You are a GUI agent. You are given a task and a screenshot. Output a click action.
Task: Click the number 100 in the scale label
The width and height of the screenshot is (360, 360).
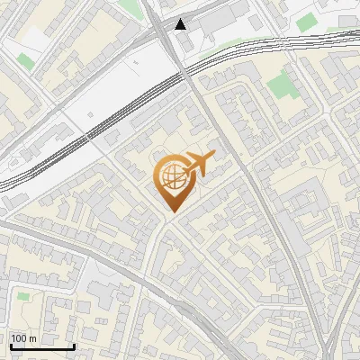[x=20, y=338]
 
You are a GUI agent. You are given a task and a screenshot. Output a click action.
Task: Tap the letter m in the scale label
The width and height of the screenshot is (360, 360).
[x=32, y=338]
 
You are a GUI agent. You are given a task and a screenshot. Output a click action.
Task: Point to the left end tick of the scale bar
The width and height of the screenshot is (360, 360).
[x=10, y=346]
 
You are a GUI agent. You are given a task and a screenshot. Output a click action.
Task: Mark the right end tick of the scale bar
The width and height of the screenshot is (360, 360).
[x=73, y=346]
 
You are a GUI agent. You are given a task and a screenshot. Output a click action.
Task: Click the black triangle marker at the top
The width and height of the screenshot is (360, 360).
[x=182, y=23]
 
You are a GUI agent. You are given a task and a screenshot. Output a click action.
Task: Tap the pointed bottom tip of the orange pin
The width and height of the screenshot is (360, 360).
[x=171, y=212]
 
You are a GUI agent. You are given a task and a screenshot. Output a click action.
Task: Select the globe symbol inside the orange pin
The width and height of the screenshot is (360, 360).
[x=171, y=176]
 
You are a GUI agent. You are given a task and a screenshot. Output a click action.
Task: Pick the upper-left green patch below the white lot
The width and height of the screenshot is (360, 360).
[x=25, y=61]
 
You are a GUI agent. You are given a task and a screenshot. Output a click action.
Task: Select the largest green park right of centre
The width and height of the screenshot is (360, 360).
[x=282, y=85]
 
